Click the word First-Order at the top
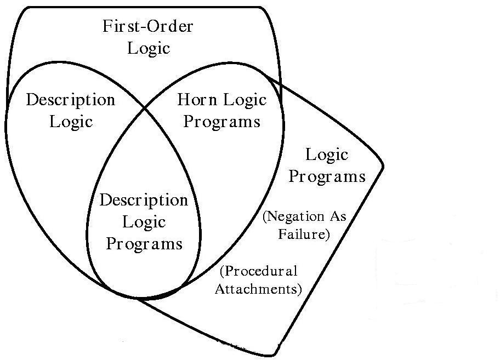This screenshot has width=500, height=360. click(148, 26)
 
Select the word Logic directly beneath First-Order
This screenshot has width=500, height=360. click(149, 48)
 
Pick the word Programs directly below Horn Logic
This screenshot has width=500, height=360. click(221, 121)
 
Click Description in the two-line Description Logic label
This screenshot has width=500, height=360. click(71, 100)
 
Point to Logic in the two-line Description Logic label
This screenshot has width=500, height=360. click(71, 121)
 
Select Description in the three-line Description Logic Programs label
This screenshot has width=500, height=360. click(144, 200)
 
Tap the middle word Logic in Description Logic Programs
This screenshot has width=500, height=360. click(144, 222)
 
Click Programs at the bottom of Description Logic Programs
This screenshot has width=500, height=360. click(144, 243)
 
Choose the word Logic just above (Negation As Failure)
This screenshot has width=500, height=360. click(327, 155)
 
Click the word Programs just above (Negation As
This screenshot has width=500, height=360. click(327, 176)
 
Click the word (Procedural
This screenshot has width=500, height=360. click(258, 271)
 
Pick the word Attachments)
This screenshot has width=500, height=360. click(258, 289)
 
